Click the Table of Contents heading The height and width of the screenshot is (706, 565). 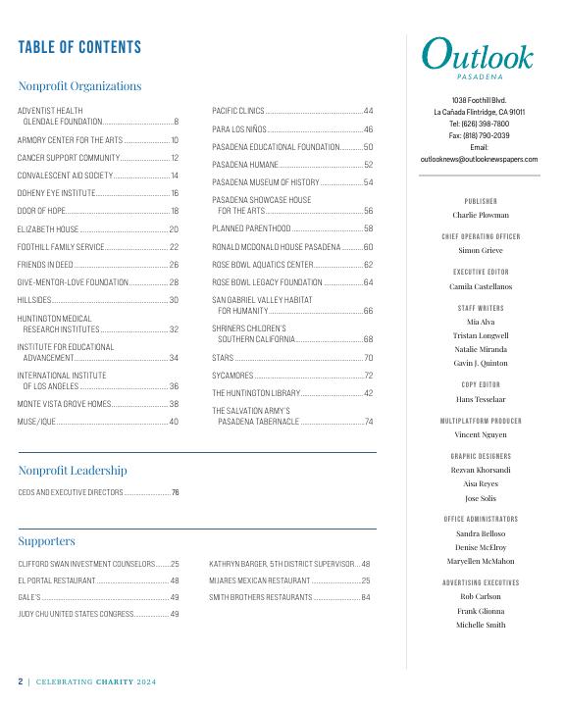click(x=79, y=47)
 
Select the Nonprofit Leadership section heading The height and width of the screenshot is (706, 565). click(x=73, y=471)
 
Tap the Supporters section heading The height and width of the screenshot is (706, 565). click(x=46, y=540)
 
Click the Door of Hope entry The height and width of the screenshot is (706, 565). click(x=41, y=211)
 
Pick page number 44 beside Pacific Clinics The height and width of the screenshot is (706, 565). click(x=368, y=111)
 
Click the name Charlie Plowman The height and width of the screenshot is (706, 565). click(x=480, y=215)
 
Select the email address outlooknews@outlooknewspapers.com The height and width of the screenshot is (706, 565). click(x=479, y=159)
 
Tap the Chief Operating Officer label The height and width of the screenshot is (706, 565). click(x=480, y=236)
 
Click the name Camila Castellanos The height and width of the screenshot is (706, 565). click(x=480, y=286)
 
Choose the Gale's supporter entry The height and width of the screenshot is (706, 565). click(x=29, y=596)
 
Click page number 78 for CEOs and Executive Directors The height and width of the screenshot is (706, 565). click(x=175, y=492)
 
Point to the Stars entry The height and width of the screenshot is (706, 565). click(x=223, y=358)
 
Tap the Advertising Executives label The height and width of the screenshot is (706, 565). click(x=480, y=582)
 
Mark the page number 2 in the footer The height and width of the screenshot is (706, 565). click(x=20, y=681)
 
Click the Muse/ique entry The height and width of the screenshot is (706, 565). click(x=36, y=422)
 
